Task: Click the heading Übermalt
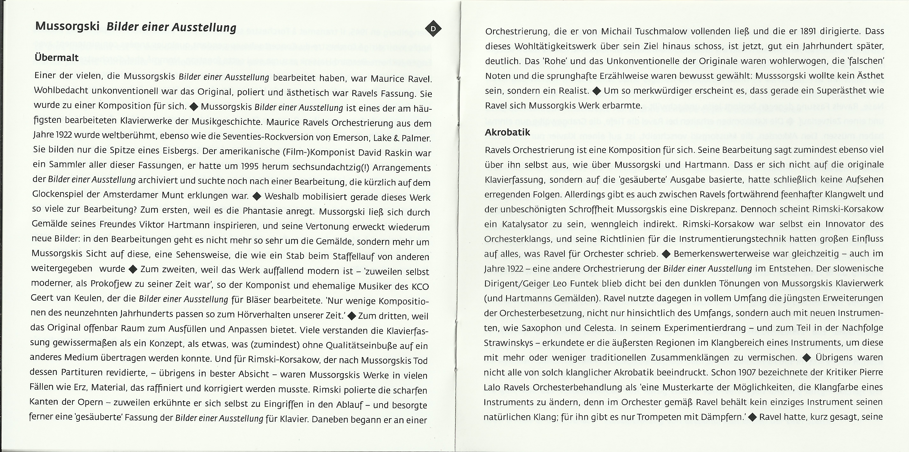pos(56,57)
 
